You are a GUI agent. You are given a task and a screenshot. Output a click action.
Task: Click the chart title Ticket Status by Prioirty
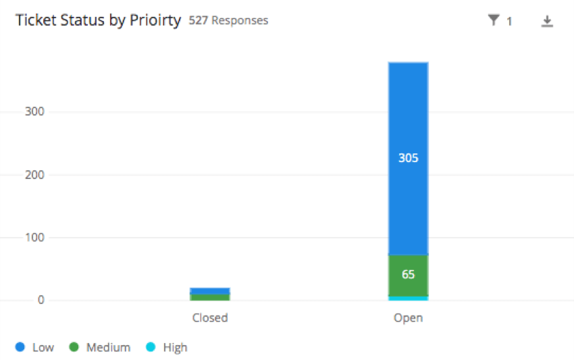98,20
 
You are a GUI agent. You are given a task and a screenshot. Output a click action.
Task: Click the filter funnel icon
494,21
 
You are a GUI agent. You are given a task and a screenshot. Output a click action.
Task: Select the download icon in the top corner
547,22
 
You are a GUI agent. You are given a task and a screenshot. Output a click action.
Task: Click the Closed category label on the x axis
210,317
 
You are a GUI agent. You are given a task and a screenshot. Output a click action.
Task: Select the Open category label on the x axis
408,317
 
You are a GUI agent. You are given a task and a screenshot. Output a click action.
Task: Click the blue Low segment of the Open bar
408,108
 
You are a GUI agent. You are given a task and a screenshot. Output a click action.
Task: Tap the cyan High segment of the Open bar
408,298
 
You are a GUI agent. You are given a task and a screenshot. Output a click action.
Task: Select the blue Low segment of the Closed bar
210,290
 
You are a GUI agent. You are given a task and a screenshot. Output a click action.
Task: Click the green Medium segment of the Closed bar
210,297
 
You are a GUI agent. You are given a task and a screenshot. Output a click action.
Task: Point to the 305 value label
408,158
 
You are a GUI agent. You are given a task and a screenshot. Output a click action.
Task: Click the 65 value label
408,275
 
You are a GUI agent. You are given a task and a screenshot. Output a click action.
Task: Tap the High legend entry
167,347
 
